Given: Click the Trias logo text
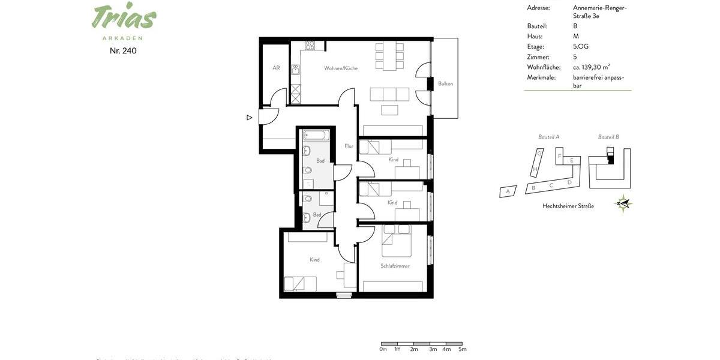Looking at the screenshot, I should pos(124,17).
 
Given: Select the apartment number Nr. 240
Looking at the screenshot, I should pos(123,51).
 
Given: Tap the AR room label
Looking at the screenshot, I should pos(276,68).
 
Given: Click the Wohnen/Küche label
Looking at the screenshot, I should pos(341,68).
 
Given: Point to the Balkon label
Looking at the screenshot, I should pos(445,84).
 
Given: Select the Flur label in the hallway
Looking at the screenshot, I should pos(349,146).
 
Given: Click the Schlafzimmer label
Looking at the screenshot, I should pos(395,266).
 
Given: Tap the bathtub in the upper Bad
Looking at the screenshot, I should pos(316,135).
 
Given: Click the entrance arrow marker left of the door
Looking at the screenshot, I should pos(250,118).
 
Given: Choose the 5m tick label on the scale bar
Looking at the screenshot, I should pos(462,349).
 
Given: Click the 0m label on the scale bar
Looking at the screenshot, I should pos(383,349).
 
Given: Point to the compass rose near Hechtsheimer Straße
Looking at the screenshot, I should pos(624,204).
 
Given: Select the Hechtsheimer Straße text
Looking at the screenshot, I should pos(568,206).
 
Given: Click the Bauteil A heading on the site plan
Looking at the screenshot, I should pos(548,137).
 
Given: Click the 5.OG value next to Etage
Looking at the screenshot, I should pos(581,47).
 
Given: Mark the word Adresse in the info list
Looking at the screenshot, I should pos(538,8).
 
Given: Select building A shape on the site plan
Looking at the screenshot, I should pos(508,191).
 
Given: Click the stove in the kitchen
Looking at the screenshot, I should pos(310,46).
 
